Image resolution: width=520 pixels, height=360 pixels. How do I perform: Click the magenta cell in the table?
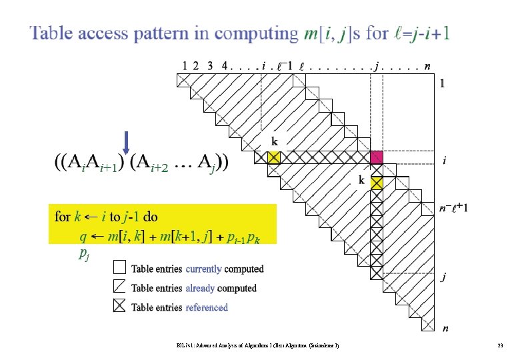pos(377,157)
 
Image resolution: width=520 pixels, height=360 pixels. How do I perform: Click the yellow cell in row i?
pos(273,157)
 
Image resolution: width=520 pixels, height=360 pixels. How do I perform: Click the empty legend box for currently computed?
pos(119,268)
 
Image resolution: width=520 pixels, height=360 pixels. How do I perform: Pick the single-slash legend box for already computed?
pos(119,287)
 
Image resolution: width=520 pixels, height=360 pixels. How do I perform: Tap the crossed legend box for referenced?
pos(119,307)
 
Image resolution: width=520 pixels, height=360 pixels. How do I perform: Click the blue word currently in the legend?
pos(203,269)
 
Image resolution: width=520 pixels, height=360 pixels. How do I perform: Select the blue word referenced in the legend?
pos(207,307)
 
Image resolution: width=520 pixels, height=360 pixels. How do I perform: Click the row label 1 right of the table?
pos(442,84)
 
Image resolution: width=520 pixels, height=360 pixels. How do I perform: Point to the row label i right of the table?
pos(445,161)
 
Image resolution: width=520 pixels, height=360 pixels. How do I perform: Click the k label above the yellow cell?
pos(273,141)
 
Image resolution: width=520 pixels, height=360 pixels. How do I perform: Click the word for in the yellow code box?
pos(62,217)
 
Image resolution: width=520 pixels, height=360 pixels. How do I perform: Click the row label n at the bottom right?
pos(445,328)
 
